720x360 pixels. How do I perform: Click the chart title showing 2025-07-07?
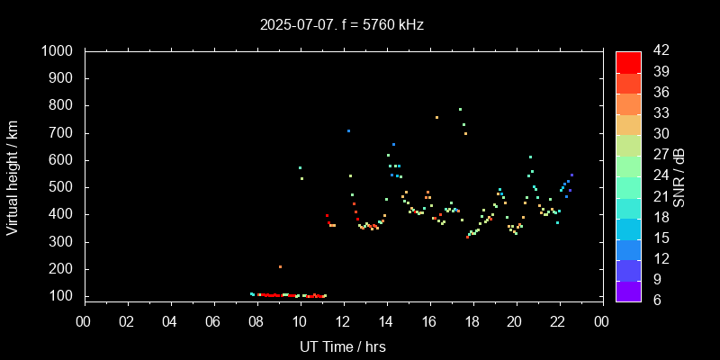341,25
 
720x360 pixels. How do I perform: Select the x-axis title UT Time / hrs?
343,346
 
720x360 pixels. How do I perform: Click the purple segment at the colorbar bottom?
628,291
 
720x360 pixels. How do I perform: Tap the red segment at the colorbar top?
628,61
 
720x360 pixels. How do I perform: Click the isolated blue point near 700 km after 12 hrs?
348,130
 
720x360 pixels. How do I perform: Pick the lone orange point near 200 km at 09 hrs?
280,266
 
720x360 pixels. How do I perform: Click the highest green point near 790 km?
460,109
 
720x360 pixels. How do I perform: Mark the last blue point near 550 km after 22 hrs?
571,175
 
